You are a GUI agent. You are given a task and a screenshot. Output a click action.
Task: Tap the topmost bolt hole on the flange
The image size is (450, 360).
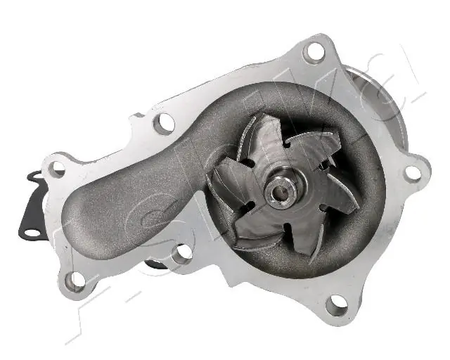[x=314, y=51]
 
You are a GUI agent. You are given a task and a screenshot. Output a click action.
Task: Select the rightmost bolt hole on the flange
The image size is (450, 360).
[x=413, y=172]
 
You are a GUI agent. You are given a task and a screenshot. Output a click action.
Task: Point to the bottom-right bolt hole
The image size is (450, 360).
[x=337, y=302]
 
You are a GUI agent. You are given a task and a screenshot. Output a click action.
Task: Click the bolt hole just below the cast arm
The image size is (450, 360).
[x=184, y=252]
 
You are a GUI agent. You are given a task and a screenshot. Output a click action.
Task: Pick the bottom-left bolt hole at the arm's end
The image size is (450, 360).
[x=75, y=280]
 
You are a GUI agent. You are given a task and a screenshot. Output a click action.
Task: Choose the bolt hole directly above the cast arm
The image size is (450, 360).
[x=164, y=123]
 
